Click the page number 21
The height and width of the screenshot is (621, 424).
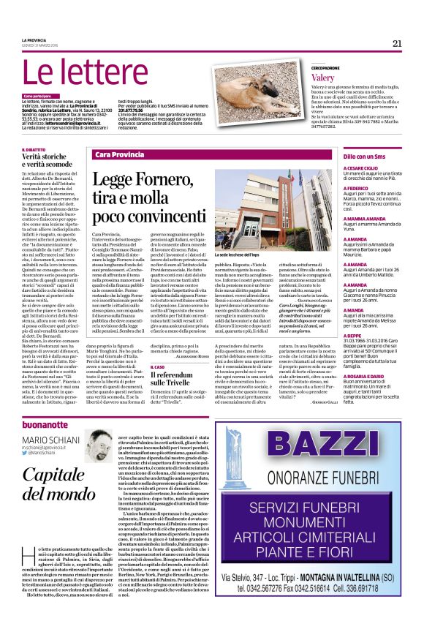tap(397, 43)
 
